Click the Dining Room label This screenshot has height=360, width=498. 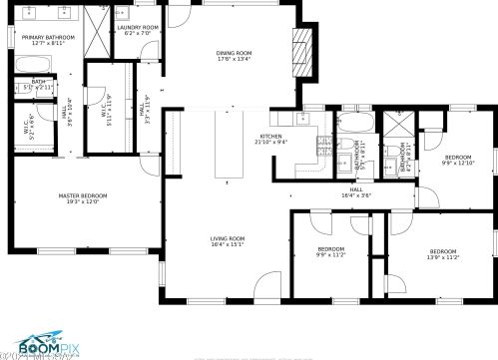[235, 55]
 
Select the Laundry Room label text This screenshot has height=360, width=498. [138, 31]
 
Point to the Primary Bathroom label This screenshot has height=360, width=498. [42, 40]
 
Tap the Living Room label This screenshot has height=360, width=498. [228, 241]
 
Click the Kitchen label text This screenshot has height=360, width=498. [271, 139]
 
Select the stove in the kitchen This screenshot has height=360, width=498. [323, 145]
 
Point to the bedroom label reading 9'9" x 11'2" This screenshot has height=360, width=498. [330, 251]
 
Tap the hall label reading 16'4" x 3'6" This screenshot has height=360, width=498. [355, 191]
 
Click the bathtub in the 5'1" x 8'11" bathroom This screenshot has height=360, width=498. [355, 124]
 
